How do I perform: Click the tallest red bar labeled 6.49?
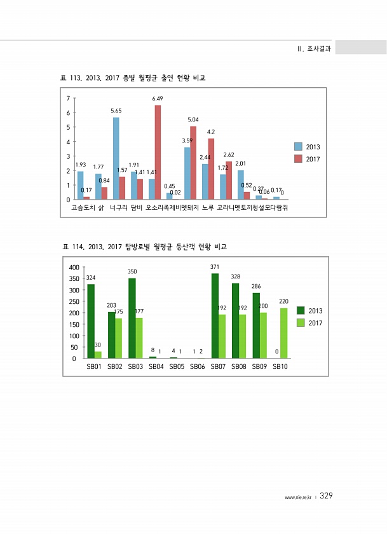point(158,152)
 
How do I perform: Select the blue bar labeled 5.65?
point(116,158)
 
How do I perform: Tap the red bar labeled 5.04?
point(193,163)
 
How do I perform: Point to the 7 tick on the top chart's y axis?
point(68,99)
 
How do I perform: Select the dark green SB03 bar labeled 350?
point(132,318)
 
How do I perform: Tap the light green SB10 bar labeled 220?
point(283,333)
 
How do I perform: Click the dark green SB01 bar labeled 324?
point(91,321)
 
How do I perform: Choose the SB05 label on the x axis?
point(177,367)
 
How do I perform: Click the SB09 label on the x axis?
point(260,367)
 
